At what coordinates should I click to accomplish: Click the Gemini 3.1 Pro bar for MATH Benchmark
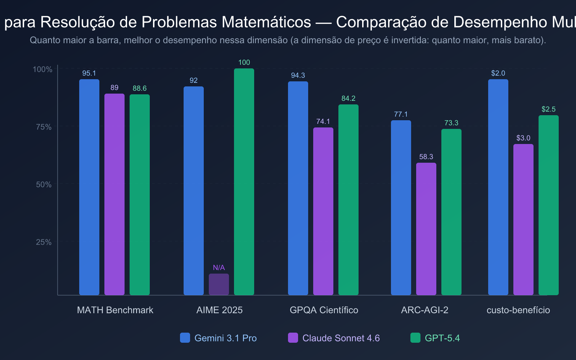(89, 187)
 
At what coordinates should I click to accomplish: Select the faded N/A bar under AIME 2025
(219, 284)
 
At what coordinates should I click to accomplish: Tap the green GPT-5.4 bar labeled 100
(244, 182)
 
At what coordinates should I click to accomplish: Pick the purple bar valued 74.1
(323, 211)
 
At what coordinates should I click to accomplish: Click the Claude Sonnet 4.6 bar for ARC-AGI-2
(426, 229)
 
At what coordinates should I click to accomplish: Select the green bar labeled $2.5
(548, 205)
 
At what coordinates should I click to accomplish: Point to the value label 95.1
(89, 73)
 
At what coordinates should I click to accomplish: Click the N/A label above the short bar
(219, 267)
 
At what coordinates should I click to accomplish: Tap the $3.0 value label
(523, 138)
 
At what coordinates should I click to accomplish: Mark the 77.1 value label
(401, 114)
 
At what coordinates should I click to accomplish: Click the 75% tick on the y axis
(44, 127)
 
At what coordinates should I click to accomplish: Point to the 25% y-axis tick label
(44, 242)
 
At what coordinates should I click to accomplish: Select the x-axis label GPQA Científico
(324, 310)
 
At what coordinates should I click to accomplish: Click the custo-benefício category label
(518, 310)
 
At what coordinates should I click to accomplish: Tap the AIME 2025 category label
(219, 310)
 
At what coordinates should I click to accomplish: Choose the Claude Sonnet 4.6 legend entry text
(341, 338)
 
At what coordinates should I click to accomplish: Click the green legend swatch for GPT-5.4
(415, 338)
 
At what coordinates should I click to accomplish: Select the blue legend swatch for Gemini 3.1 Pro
(185, 338)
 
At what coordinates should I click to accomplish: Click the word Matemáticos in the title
(266, 22)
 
